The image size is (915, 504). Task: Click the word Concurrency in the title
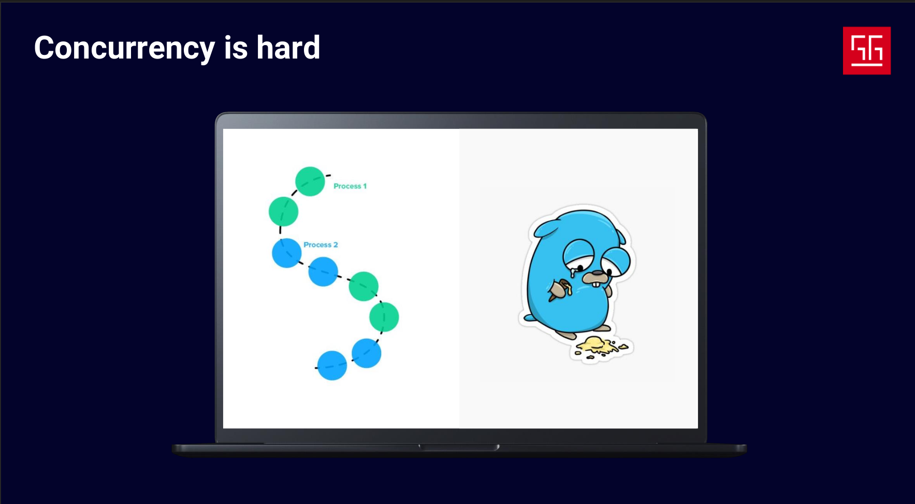tap(124, 49)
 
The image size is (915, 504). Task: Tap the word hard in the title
tap(288, 48)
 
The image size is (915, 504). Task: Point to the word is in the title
tap(236, 48)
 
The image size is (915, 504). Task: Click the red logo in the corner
tap(867, 51)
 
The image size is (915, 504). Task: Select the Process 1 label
tap(350, 186)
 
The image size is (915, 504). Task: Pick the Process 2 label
tap(321, 244)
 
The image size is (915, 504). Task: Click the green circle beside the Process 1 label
tap(310, 181)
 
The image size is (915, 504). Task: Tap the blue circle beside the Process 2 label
tap(287, 253)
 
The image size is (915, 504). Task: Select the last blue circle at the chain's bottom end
tap(332, 366)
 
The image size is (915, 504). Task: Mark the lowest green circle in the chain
tap(384, 317)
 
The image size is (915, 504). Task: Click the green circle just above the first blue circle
tap(284, 211)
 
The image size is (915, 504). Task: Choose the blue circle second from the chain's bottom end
tap(367, 353)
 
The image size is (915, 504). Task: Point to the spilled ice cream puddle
tap(601, 347)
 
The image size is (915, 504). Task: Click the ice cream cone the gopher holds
tap(559, 290)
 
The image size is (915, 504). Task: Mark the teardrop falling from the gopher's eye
tap(573, 272)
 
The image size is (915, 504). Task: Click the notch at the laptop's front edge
tap(459, 447)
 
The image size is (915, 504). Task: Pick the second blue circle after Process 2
tap(323, 271)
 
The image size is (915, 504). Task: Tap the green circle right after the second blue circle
tap(364, 286)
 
